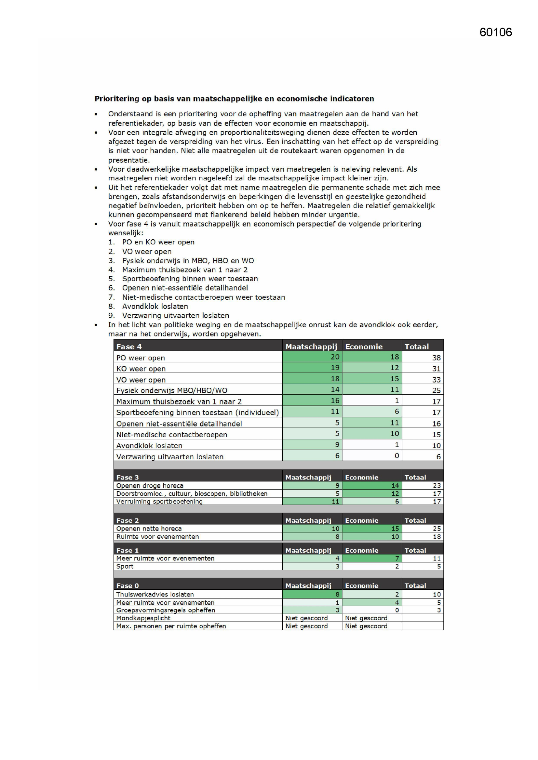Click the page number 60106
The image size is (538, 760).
495,32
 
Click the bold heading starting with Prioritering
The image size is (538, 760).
234,98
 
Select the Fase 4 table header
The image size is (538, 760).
129,347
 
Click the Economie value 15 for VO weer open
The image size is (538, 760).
394,379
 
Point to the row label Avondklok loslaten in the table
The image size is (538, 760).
149,446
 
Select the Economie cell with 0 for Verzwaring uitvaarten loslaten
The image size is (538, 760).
396,456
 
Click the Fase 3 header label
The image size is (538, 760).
127,477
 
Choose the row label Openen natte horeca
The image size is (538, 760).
149,529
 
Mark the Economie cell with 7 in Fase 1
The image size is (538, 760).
397,558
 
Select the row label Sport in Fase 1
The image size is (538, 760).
125,566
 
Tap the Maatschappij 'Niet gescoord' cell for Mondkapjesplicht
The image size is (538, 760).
306,618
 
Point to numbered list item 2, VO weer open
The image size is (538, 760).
146,252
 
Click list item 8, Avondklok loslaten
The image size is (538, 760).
155,306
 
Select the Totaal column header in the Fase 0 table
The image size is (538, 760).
415,585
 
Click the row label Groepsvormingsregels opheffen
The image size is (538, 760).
165,610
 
